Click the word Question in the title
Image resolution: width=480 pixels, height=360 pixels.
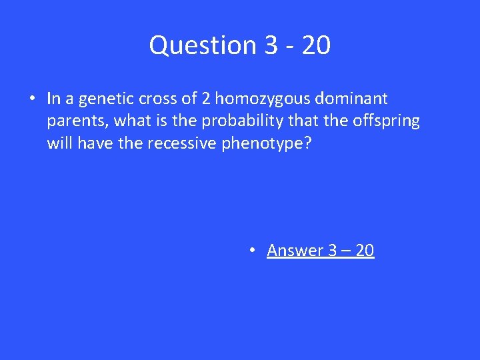[x=203, y=45]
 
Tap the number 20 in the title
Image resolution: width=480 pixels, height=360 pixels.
[x=315, y=45]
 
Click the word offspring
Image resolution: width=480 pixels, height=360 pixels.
[x=386, y=121]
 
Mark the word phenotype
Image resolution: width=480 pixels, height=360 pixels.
[x=263, y=143]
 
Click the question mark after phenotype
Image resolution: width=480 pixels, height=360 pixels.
[x=307, y=143]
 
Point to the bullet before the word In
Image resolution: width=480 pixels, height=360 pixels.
[x=31, y=99]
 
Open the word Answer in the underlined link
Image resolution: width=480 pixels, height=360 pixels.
[x=295, y=250]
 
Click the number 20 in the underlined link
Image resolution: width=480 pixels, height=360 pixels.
[x=365, y=250]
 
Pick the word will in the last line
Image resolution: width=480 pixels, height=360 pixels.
[x=60, y=143]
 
